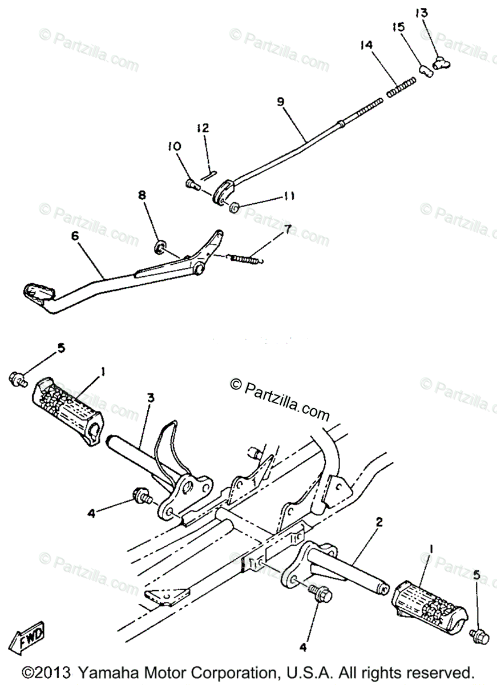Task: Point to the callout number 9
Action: tap(281, 101)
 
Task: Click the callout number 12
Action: tap(204, 128)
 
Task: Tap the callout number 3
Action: tap(150, 398)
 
